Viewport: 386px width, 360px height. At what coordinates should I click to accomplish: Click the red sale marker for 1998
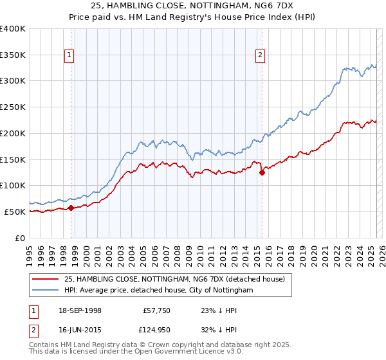(71, 207)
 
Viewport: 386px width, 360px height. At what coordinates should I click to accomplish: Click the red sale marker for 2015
(262, 172)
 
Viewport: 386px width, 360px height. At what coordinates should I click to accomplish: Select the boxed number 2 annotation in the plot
(261, 56)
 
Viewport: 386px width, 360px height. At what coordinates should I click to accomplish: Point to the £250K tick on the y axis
(13, 107)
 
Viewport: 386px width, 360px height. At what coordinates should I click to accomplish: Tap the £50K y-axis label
(15, 212)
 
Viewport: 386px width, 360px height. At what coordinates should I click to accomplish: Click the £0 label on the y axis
(20, 238)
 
